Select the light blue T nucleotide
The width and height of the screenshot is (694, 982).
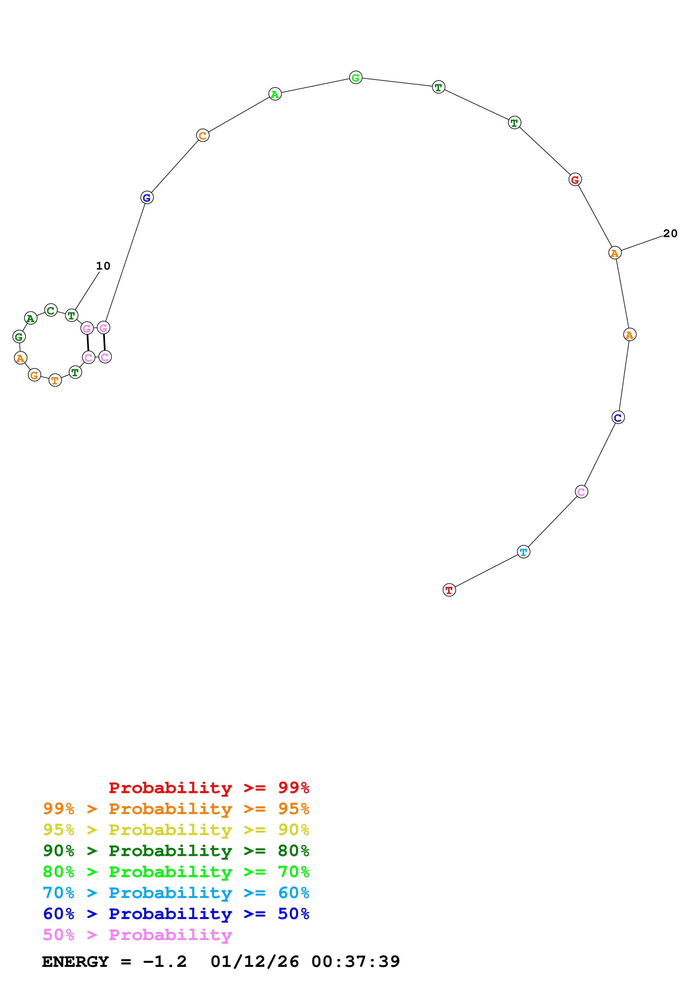(524, 552)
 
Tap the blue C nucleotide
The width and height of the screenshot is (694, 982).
(618, 417)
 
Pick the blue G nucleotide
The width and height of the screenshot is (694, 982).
(147, 198)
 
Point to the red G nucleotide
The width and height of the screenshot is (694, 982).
(575, 180)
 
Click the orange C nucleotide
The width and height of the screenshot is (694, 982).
(203, 135)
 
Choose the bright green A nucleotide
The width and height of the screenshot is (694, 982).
(275, 94)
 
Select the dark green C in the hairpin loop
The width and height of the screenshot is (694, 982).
(51, 310)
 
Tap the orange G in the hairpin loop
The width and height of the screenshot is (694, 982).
(34, 375)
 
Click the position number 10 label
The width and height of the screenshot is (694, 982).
(103, 266)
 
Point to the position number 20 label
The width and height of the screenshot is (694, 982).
(670, 233)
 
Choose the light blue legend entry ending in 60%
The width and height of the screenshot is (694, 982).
(176, 893)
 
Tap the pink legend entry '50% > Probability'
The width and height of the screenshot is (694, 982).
(137, 935)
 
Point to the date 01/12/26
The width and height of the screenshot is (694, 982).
(254, 962)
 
